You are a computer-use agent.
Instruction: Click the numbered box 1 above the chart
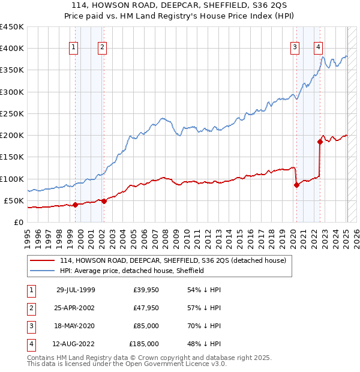pyautogui.click(x=73, y=47)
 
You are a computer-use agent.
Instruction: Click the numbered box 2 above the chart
pyautogui.click(x=103, y=47)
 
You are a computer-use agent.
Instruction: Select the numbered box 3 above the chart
pyautogui.click(x=295, y=47)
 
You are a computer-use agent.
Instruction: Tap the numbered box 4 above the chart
pyautogui.click(x=318, y=47)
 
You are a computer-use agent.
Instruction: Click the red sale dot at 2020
pyautogui.click(x=296, y=185)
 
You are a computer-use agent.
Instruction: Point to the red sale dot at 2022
pyautogui.click(x=320, y=142)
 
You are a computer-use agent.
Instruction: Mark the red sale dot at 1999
pyautogui.click(x=75, y=205)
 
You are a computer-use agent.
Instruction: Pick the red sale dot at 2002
pyautogui.click(x=104, y=201)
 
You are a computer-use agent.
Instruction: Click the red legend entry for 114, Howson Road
pyautogui.click(x=173, y=260)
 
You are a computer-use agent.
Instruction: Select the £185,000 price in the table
pyautogui.click(x=144, y=344)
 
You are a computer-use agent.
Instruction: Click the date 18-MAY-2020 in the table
pyautogui.click(x=76, y=326)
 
